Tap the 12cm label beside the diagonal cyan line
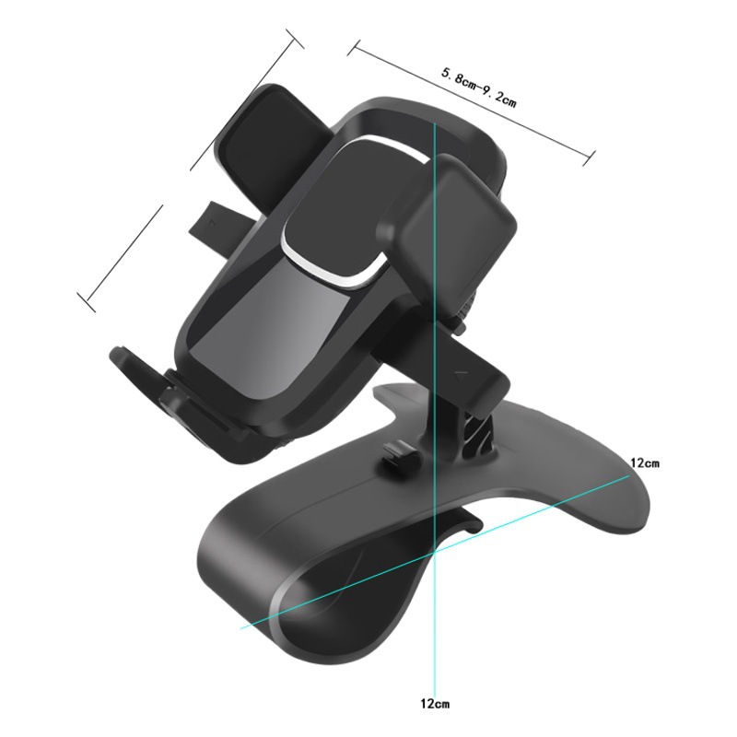pos(646,462)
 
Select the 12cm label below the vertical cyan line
pos(433,704)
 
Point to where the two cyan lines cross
pos(433,550)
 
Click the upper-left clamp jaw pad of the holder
pos(267,129)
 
